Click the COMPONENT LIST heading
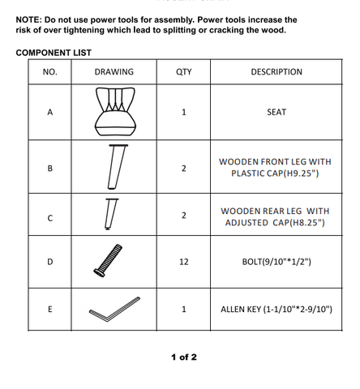(x=54, y=53)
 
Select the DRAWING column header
(x=114, y=72)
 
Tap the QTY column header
(x=184, y=72)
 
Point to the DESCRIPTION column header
(x=276, y=72)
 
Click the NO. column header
(x=50, y=72)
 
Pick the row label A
(x=50, y=112)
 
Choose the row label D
(x=50, y=262)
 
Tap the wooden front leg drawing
(x=117, y=166)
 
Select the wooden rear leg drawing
(x=110, y=214)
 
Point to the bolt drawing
(x=108, y=261)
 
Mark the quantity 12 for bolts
(x=184, y=262)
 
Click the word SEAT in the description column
(x=276, y=112)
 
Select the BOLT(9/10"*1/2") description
(x=276, y=262)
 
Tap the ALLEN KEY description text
(x=276, y=309)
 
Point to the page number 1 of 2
(x=184, y=357)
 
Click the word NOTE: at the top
(x=28, y=20)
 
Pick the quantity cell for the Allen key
(x=184, y=309)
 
